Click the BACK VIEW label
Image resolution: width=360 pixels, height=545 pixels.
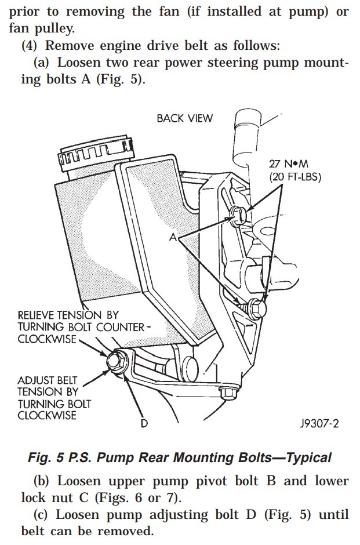coord(184,118)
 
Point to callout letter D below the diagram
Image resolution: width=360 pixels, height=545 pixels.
coord(144,424)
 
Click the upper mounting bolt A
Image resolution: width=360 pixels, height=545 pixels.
coord(238,213)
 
